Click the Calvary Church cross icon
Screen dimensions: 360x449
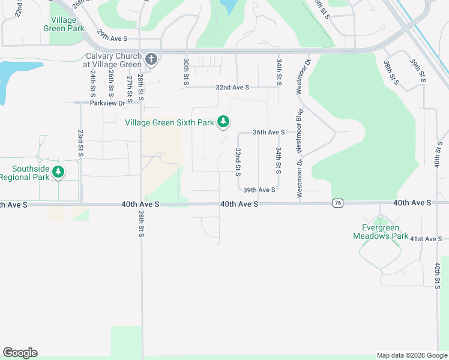tap(151, 60)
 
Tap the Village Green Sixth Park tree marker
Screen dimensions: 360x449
tap(223, 122)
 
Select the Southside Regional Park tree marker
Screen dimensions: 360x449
tap(58, 173)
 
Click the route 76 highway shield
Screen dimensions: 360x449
tap(339, 204)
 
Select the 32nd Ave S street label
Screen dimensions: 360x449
tap(232, 88)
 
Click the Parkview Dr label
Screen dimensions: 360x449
tap(107, 103)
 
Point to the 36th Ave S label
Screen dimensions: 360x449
tap(268, 132)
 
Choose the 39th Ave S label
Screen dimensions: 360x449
tap(259, 190)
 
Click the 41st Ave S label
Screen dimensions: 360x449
tap(426, 239)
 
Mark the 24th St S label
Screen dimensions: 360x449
tap(93, 84)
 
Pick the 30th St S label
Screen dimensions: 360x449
tap(186, 72)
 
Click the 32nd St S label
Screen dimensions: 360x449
tap(238, 162)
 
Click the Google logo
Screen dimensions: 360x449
tap(20, 353)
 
